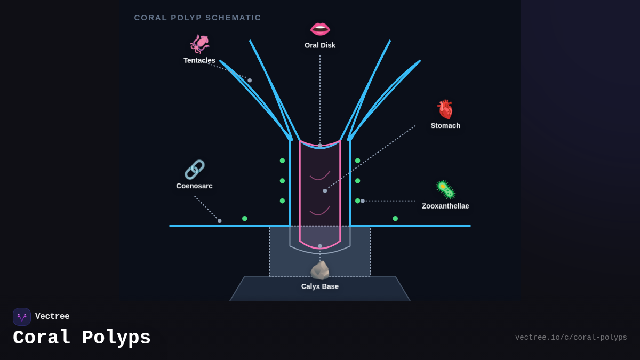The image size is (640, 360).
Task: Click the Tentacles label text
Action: (x=199, y=60)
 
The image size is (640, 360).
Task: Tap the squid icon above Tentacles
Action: (x=199, y=44)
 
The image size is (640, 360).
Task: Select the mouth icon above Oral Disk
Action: (x=320, y=29)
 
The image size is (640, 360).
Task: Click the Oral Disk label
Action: (x=320, y=45)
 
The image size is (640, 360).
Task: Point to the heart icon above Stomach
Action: (x=445, y=109)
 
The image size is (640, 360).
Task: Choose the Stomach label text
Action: (x=445, y=126)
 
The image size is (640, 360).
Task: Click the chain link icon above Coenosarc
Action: (x=194, y=170)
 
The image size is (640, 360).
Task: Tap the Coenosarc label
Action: (x=194, y=186)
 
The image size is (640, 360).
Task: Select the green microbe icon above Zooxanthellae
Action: (x=445, y=190)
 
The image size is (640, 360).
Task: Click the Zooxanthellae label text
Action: (x=445, y=206)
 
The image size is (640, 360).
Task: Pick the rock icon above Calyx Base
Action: (x=320, y=270)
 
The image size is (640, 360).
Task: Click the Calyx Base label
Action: (x=320, y=286)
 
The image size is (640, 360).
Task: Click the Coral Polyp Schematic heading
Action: (x=197, y=18)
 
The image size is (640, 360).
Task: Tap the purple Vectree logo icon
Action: (x=22, y=317)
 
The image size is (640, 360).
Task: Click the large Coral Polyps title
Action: (x=82, y=338)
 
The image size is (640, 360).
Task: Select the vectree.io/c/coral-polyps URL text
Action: (x=571, y=338)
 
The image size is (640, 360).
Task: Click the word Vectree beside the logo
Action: (x=52, y=317)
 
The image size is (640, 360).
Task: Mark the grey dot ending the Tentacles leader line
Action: (x=250, y=81)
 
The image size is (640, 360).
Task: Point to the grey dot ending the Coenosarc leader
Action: (x=219, y=221)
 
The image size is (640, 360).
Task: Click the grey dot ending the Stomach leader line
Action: (x=325, y=191)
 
